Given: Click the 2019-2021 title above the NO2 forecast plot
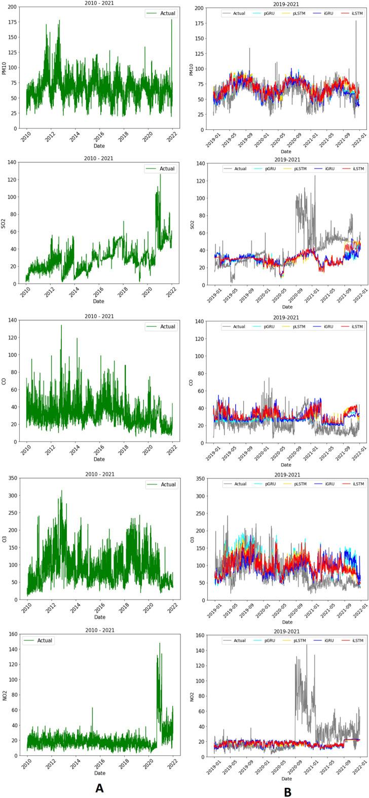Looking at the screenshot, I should pyautogui.click(x=287, y=629).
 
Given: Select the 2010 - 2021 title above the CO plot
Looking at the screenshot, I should pyautogui.click(x=100, y=316).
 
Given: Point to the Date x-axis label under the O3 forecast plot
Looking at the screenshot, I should pyautogui.click(x=287, y=622).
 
